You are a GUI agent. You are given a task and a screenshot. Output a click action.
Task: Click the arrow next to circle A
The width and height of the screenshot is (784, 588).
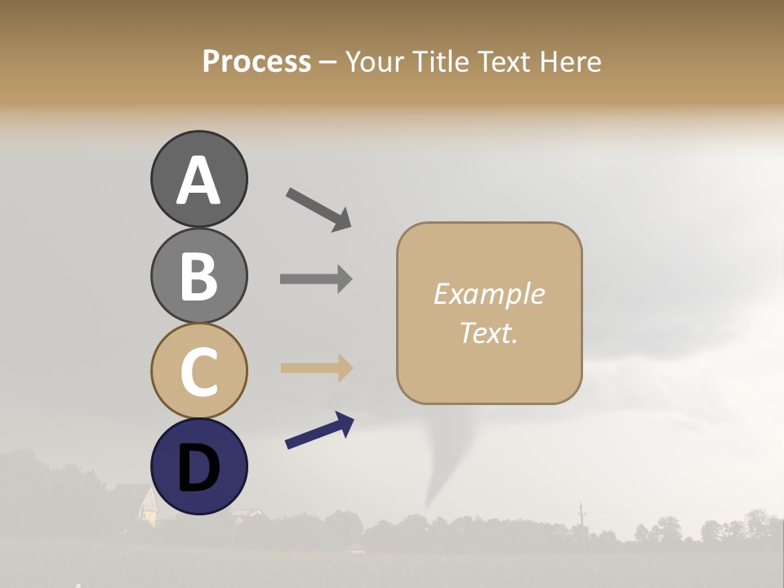(x=318, y=209)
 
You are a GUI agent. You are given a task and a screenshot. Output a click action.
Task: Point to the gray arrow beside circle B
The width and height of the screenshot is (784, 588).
(x=316, y=278)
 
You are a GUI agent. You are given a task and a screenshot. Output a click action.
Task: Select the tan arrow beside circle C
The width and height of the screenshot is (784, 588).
(x=316, y=368)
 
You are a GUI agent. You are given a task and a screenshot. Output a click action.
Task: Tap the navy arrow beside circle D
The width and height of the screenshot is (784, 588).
(x=319, y=430)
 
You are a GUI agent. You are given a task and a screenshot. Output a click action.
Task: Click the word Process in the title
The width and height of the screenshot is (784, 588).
(x=256, y=62)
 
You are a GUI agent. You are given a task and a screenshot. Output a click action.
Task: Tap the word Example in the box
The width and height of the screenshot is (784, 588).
(x=488, y=294)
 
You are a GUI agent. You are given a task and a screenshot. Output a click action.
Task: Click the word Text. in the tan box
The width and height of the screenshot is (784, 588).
(x=488, y=332)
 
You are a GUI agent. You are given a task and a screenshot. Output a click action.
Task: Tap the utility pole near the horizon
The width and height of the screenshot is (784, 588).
(x=581, y=519)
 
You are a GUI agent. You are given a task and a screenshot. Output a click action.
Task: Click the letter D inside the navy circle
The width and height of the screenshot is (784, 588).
(x=198, y=469)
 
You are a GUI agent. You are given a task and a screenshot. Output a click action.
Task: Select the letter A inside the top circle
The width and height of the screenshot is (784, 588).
(x=198, y=180)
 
